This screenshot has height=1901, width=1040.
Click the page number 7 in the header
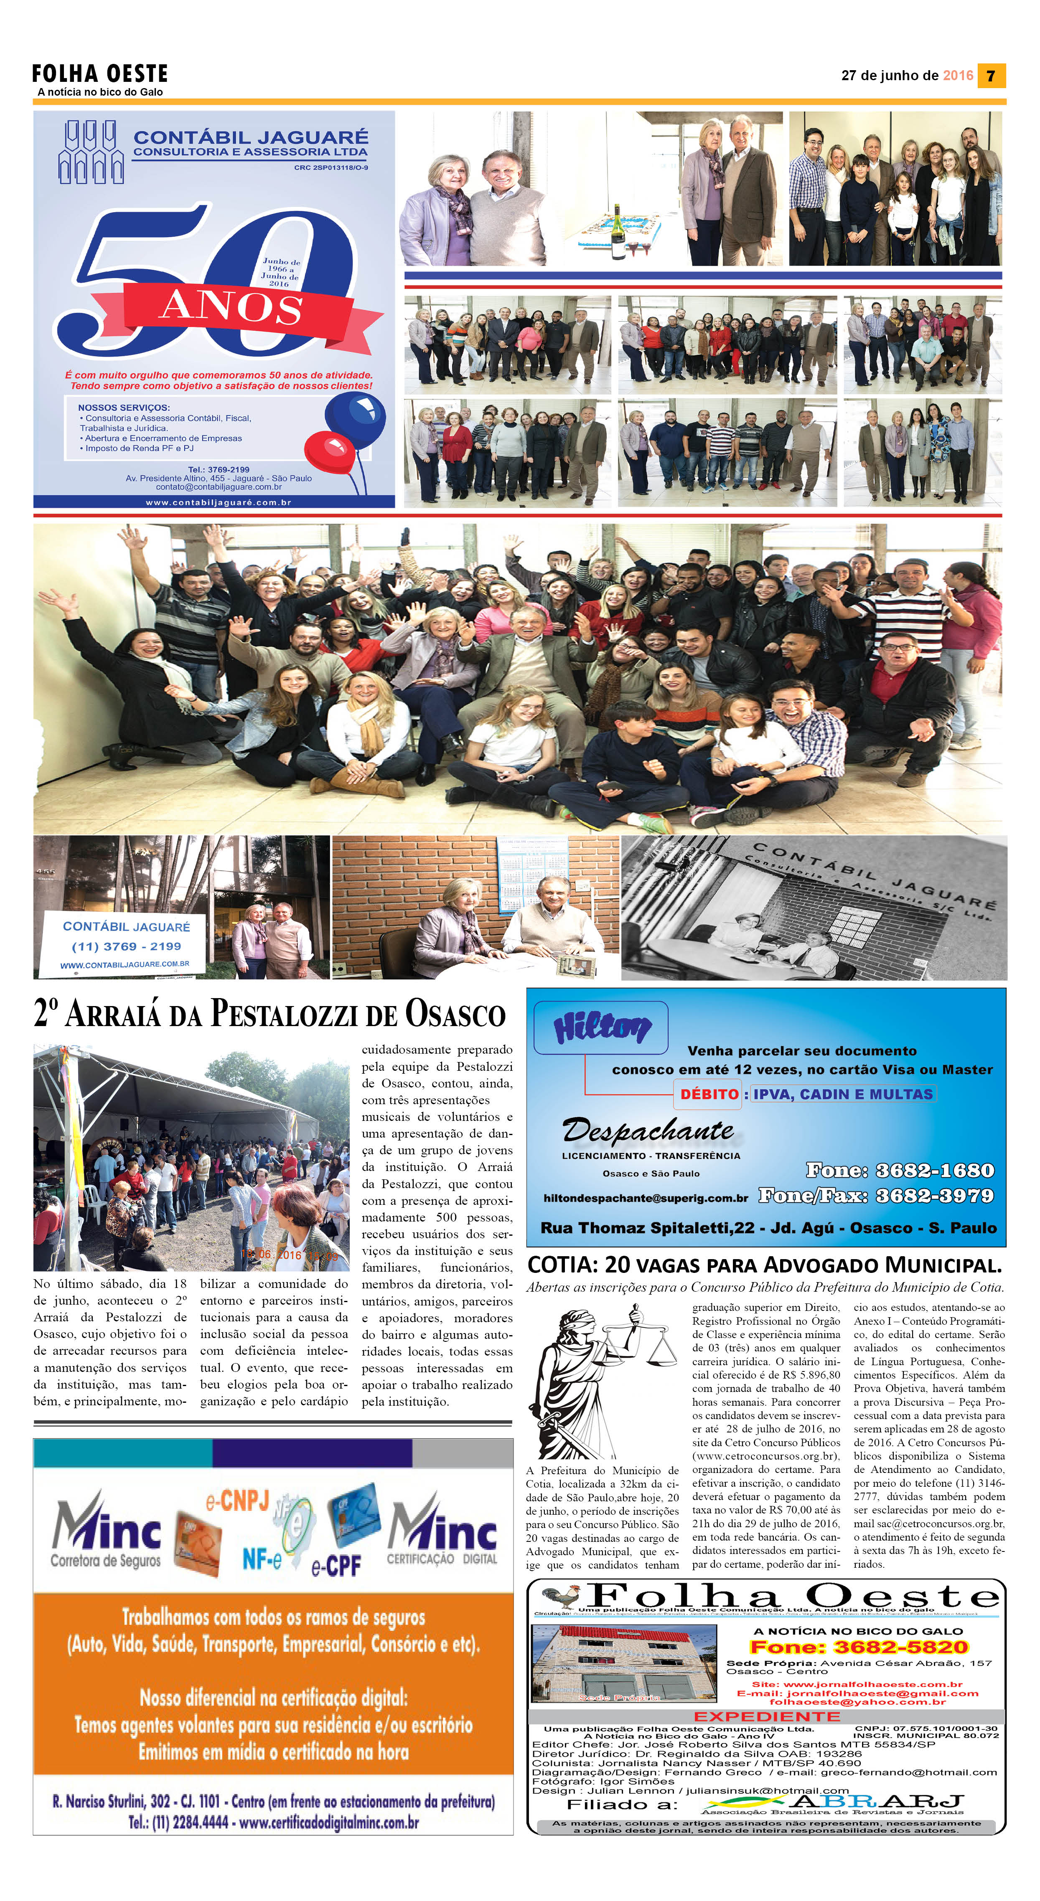coord(991,75)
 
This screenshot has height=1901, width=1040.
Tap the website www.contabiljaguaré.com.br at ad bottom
coord(219,502)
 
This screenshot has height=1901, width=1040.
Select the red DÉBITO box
coord(709,1094)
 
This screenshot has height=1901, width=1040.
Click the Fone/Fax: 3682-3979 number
coord(876,1196)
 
